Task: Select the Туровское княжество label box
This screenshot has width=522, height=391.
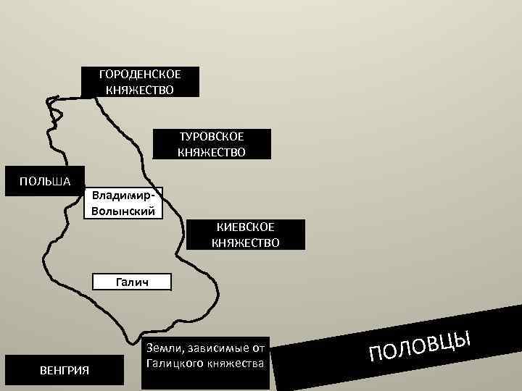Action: [212, 144]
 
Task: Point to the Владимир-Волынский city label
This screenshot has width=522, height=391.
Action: [123, 203]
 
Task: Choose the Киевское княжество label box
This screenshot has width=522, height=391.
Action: [245, 235]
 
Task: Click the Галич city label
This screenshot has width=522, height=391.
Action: [132, 282]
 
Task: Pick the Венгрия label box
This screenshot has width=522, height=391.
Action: [65, 371]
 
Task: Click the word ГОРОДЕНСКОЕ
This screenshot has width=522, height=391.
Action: [140, 75]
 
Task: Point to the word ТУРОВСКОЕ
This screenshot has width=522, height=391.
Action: [212, 136]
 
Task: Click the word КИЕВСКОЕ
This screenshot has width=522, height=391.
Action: [245, 227]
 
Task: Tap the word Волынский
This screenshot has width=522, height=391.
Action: [123, 211]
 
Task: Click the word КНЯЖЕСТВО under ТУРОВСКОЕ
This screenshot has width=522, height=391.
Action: [212, 152]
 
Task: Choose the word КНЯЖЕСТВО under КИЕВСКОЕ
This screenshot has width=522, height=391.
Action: [245, 243]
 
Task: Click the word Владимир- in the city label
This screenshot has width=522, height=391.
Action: [123, 195]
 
